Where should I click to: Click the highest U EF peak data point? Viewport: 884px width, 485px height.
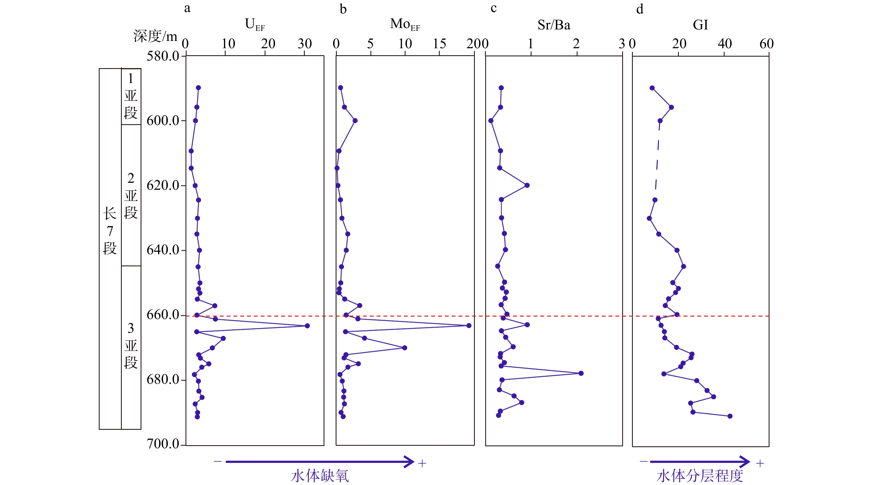[x=307, y=325]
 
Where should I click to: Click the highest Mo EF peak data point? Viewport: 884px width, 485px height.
[x=469, y=325]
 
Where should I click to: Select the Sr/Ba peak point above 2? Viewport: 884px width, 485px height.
[x=581, y=373]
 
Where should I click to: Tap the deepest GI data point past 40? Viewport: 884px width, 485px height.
[x=730, y=416]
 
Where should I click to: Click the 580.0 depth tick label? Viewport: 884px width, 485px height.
[x=163, y=56]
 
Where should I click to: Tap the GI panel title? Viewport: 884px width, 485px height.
[x=700, y=25]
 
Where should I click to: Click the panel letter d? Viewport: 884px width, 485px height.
[x=640, y=9]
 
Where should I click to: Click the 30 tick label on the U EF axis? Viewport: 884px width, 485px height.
[x=304, y=44]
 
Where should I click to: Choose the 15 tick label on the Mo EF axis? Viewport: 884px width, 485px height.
[x=439, y=44]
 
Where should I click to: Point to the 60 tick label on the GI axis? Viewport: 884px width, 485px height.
[x=766, y=44]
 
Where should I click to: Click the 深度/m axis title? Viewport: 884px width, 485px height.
[x=155, y=36]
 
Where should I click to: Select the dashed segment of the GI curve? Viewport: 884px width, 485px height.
[x=658, y=160]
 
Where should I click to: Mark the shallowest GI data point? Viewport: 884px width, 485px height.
[x=652, y=88]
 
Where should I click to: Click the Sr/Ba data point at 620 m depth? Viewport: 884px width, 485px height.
[x=527, y=185]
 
